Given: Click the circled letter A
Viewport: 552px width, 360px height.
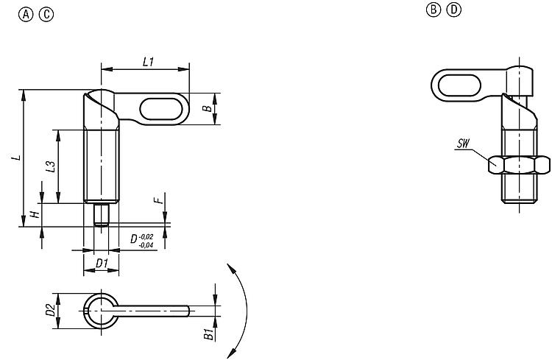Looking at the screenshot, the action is point(26,15).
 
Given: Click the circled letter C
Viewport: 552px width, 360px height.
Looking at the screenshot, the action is point(46,15).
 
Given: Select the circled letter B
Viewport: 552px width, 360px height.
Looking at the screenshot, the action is point(434,10).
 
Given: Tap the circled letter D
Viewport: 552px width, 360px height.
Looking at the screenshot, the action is point(454,10).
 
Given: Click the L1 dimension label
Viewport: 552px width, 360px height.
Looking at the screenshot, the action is point(149,62).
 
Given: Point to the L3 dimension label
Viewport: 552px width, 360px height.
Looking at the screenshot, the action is point(51,166).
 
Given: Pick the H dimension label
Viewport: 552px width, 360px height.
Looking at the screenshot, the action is point(35,214).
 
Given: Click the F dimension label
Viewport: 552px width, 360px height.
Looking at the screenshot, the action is point(159,200).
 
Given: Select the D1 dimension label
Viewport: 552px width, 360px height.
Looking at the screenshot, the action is point(102,263).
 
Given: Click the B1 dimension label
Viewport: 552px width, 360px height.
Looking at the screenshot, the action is point(209,334).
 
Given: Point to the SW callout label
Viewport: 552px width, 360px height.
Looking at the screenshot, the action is point(463,144).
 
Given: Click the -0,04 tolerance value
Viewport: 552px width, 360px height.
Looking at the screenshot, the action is point(146,245).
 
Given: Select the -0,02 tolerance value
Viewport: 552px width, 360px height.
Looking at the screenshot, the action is point(146,237).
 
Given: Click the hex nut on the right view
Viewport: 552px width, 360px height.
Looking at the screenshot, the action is point(519,165).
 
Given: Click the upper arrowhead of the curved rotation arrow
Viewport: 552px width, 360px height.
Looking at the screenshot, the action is point(231,268).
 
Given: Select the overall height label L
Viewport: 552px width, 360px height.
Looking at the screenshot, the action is point(16,158).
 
